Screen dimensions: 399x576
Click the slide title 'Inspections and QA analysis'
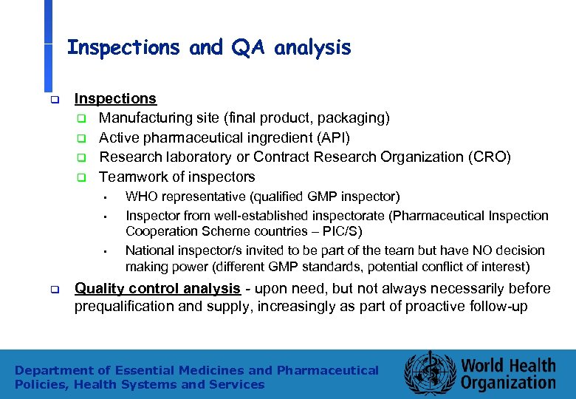pyautogui.click(x=209, y=48)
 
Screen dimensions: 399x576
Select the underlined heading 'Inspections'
pyautogui.click(x=115, y=98)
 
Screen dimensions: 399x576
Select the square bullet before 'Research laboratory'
pyautogui.click(x=83, y=157)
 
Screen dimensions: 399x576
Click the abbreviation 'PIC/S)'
pyautogui.click(x=340, y=231)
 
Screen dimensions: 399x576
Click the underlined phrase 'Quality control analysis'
pyautogui.click(x=157, y=288)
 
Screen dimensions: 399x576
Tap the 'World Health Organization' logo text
pyautogui.click(x=508, y=374)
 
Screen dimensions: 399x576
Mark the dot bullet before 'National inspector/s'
pyautogui.click(x=106, y=251)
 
